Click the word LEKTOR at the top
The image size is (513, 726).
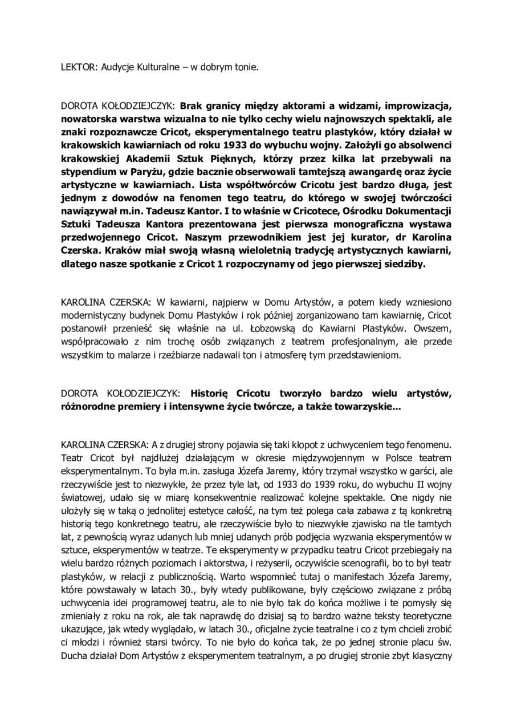pos(77,66)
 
